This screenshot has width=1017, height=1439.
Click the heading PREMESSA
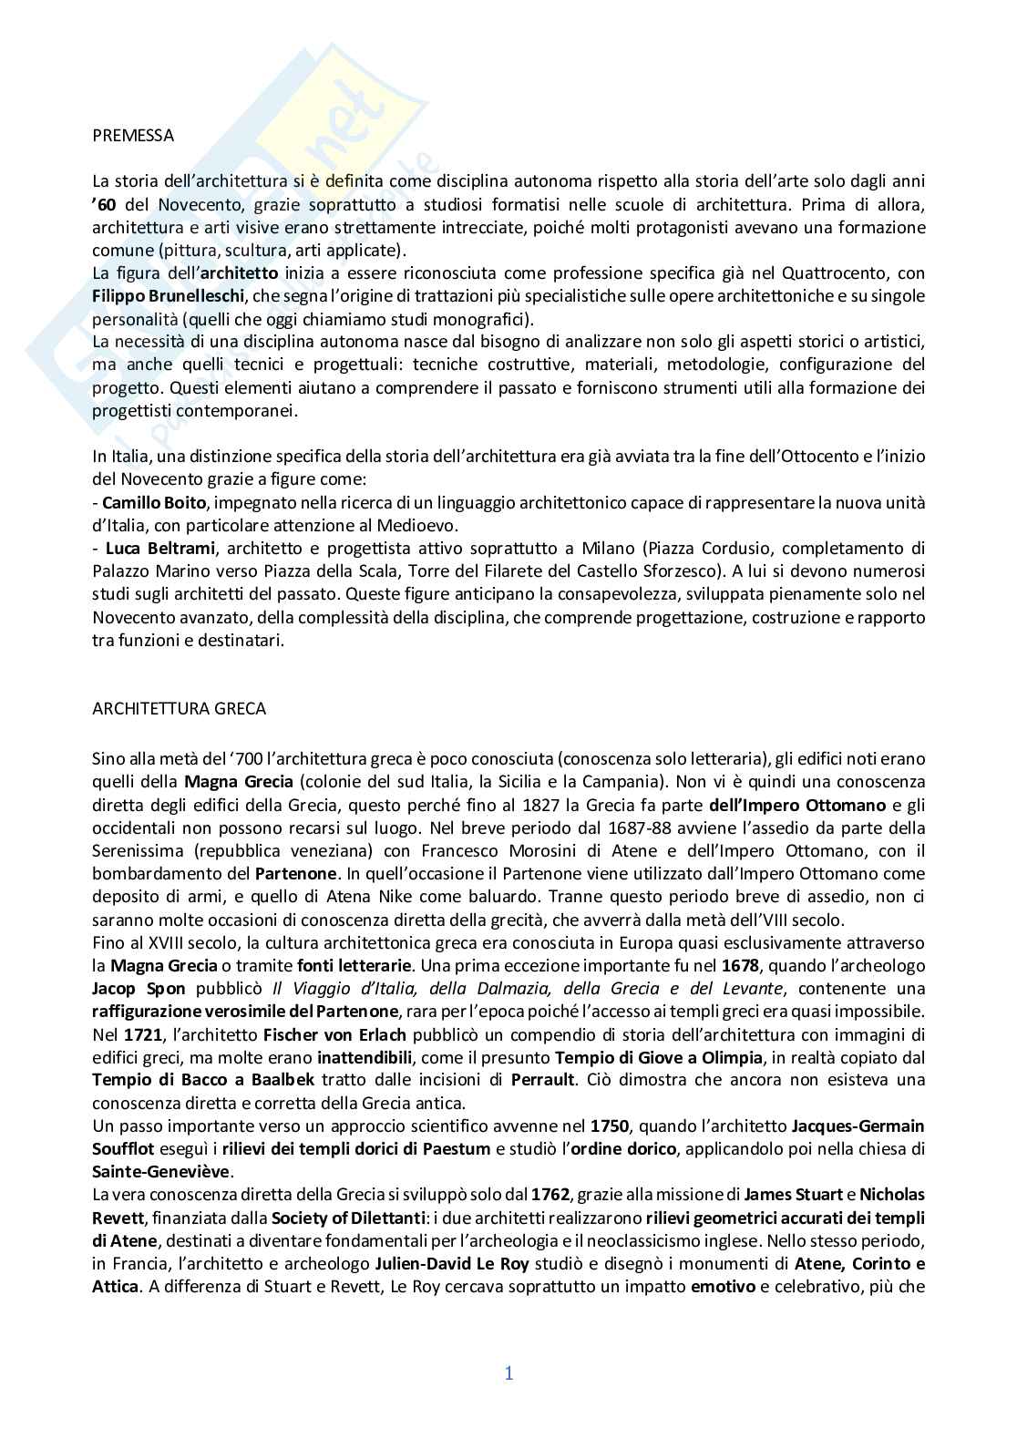133,136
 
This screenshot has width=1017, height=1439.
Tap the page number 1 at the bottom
509,1373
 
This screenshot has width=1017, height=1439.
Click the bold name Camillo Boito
144,502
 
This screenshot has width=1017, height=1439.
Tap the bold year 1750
609,1126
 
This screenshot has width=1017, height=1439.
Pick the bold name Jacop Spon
139,989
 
